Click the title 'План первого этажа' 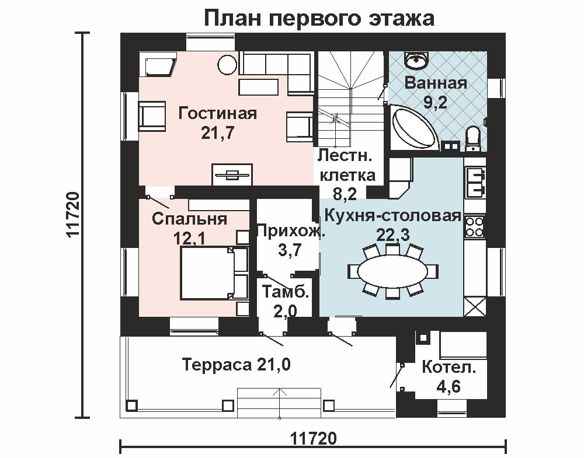click(x=319, y=18)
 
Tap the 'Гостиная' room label click(x=217, y=113)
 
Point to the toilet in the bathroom click(x=473, y=138)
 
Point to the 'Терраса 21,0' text click(x=237, y=365)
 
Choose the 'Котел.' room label click(x=449, y=369)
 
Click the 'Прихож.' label click(x=291, y=232)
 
